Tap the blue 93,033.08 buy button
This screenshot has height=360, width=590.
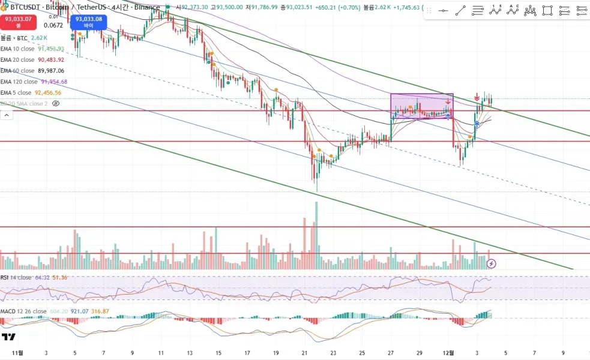(x=88, y=22)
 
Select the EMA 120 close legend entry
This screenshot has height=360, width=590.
(x=19, y=82)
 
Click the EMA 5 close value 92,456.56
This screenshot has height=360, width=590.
(x=48, y=92)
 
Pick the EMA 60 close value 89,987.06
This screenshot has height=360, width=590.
(x=51, y=71)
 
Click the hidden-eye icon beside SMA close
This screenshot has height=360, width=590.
(x=56, y=103)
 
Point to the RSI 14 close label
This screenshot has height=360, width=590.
(x=16, y=278)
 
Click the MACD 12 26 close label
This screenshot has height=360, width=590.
(x=23, y=311)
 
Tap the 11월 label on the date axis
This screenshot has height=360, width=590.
(x=17, y=353)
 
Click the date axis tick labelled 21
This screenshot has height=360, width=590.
(x=304, y=353)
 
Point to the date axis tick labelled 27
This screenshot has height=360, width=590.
(x=391, y=353)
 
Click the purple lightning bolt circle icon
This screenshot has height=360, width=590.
(x=492, y=263)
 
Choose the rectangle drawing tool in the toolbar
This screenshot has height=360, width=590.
(x=547, y=11)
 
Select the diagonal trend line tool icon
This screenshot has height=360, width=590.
(x=460, y=11)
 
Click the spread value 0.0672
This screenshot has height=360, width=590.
(x=53, y=25)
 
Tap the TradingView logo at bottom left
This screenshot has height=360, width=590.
(x=8, y=337)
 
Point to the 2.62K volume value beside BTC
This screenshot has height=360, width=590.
(x=39, y=38)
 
